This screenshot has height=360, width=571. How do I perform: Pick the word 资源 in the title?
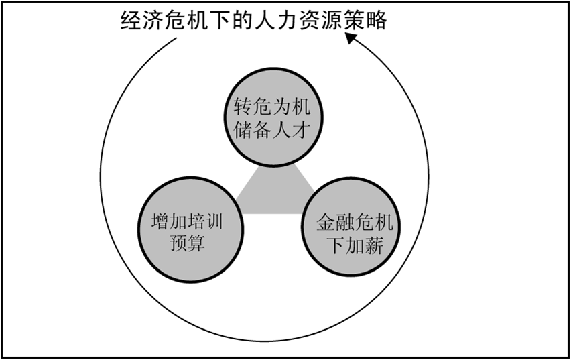click(319, 21)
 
